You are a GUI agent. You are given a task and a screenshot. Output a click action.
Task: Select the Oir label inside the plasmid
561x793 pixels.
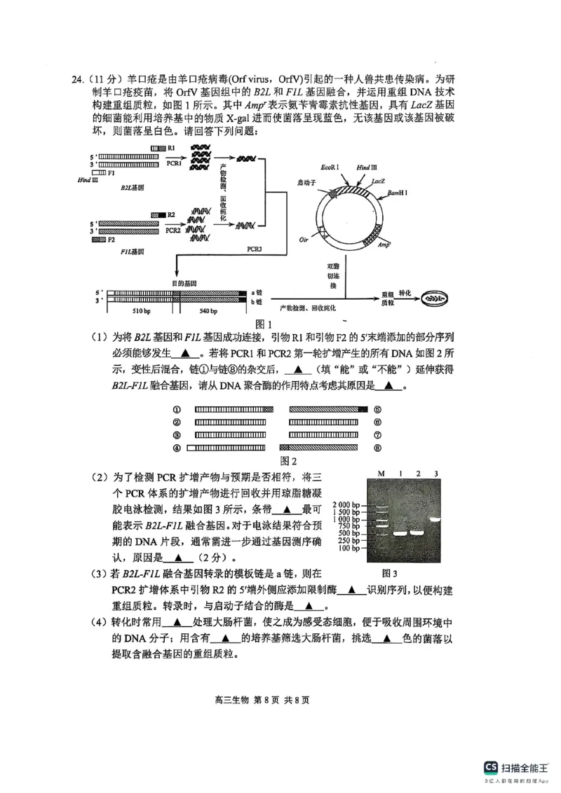(x=304, y=239)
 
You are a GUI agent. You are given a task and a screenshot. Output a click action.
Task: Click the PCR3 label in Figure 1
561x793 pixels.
(x=255, y=249)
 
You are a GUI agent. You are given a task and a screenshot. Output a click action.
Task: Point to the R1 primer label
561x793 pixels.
(x=171, y=149)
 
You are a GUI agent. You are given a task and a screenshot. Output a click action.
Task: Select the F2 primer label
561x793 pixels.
(x=111, y=240)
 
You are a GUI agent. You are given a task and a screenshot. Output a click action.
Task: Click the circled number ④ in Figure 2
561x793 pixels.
(x=177, y=447)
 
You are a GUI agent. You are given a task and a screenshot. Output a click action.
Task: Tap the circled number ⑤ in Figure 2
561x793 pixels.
(x=377, y=409)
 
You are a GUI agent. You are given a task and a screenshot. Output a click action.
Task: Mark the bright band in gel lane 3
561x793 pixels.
(x=435, y=519)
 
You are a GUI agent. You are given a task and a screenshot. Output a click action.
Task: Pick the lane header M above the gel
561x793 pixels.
(x=382, y=474)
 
